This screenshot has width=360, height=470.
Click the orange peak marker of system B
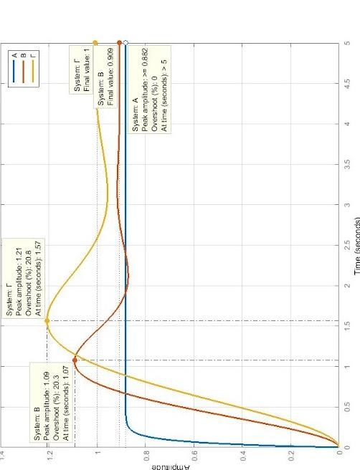click(x=75, y=360)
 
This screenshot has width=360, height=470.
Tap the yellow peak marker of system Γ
click(x=47, y=320)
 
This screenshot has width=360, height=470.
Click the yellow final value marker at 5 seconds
click(x=95, y=43)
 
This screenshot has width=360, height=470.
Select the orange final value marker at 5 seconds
click(x=119, y=43)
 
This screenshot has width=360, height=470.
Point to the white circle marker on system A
click(x=125, y=43)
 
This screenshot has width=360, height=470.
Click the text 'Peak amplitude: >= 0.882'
click(x=144, y=154)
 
